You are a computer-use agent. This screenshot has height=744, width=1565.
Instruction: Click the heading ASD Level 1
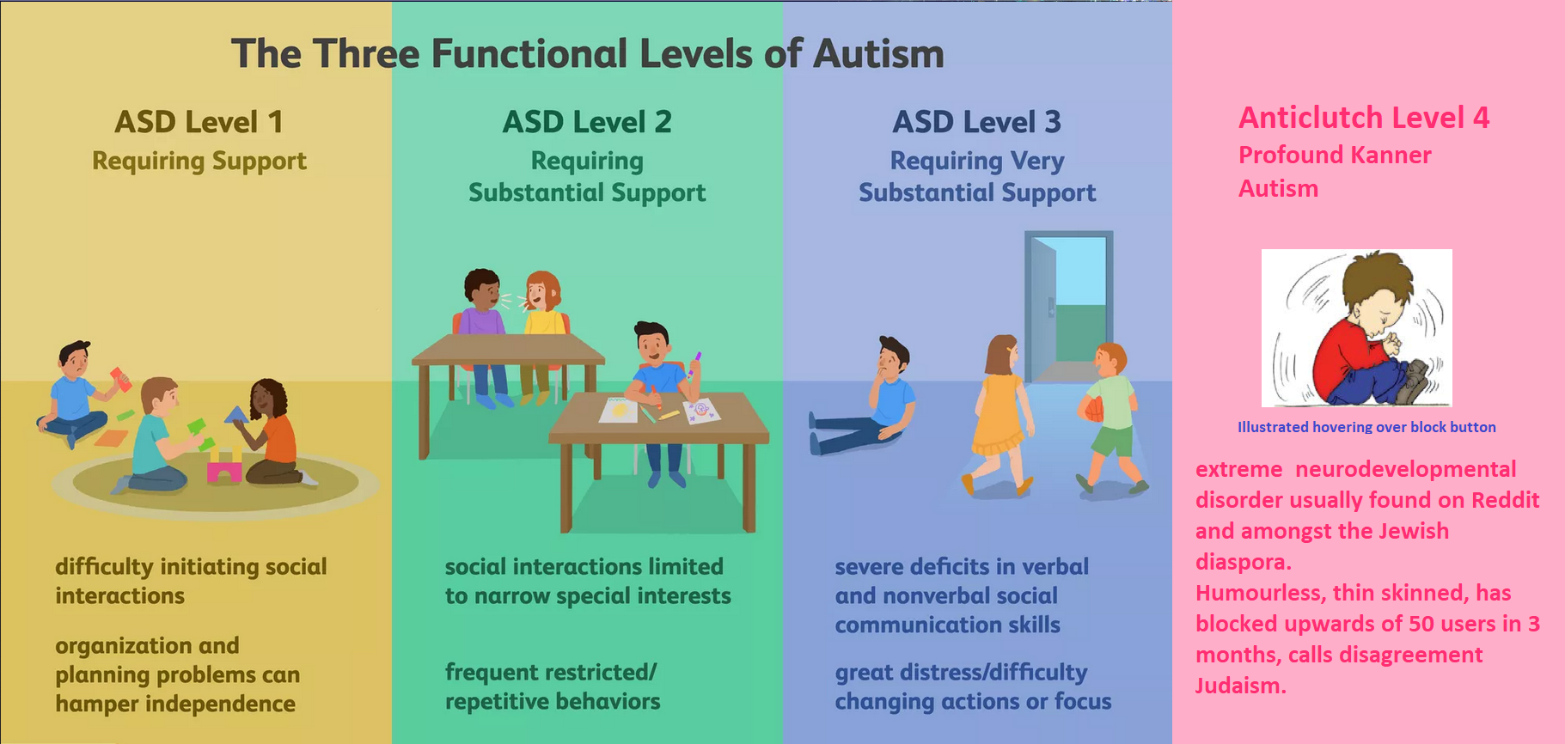tap(199, 122)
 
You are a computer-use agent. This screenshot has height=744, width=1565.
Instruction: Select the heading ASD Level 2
tap(587, 122)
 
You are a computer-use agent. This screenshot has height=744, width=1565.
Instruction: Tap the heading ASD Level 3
tap(977, 122)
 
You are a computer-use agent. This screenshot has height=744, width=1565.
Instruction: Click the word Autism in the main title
tap(878, 53)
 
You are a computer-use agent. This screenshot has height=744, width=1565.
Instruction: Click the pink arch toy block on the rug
tap(224, 471)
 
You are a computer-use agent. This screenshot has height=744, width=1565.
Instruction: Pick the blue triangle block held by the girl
tap(236, 415)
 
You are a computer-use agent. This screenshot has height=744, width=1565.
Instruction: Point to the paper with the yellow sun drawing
tap(619, 410)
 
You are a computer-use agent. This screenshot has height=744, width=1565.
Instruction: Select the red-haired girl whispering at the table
tap(543, 335)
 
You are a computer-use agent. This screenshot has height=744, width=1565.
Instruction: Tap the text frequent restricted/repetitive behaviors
tap(553, 686)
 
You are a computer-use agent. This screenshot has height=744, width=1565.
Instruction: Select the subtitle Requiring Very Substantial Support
tap(977, 176)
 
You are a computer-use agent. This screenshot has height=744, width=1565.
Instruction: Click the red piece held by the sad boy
tap(120, 378)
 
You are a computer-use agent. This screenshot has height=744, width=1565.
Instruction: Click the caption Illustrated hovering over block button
tap(1366, 427)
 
